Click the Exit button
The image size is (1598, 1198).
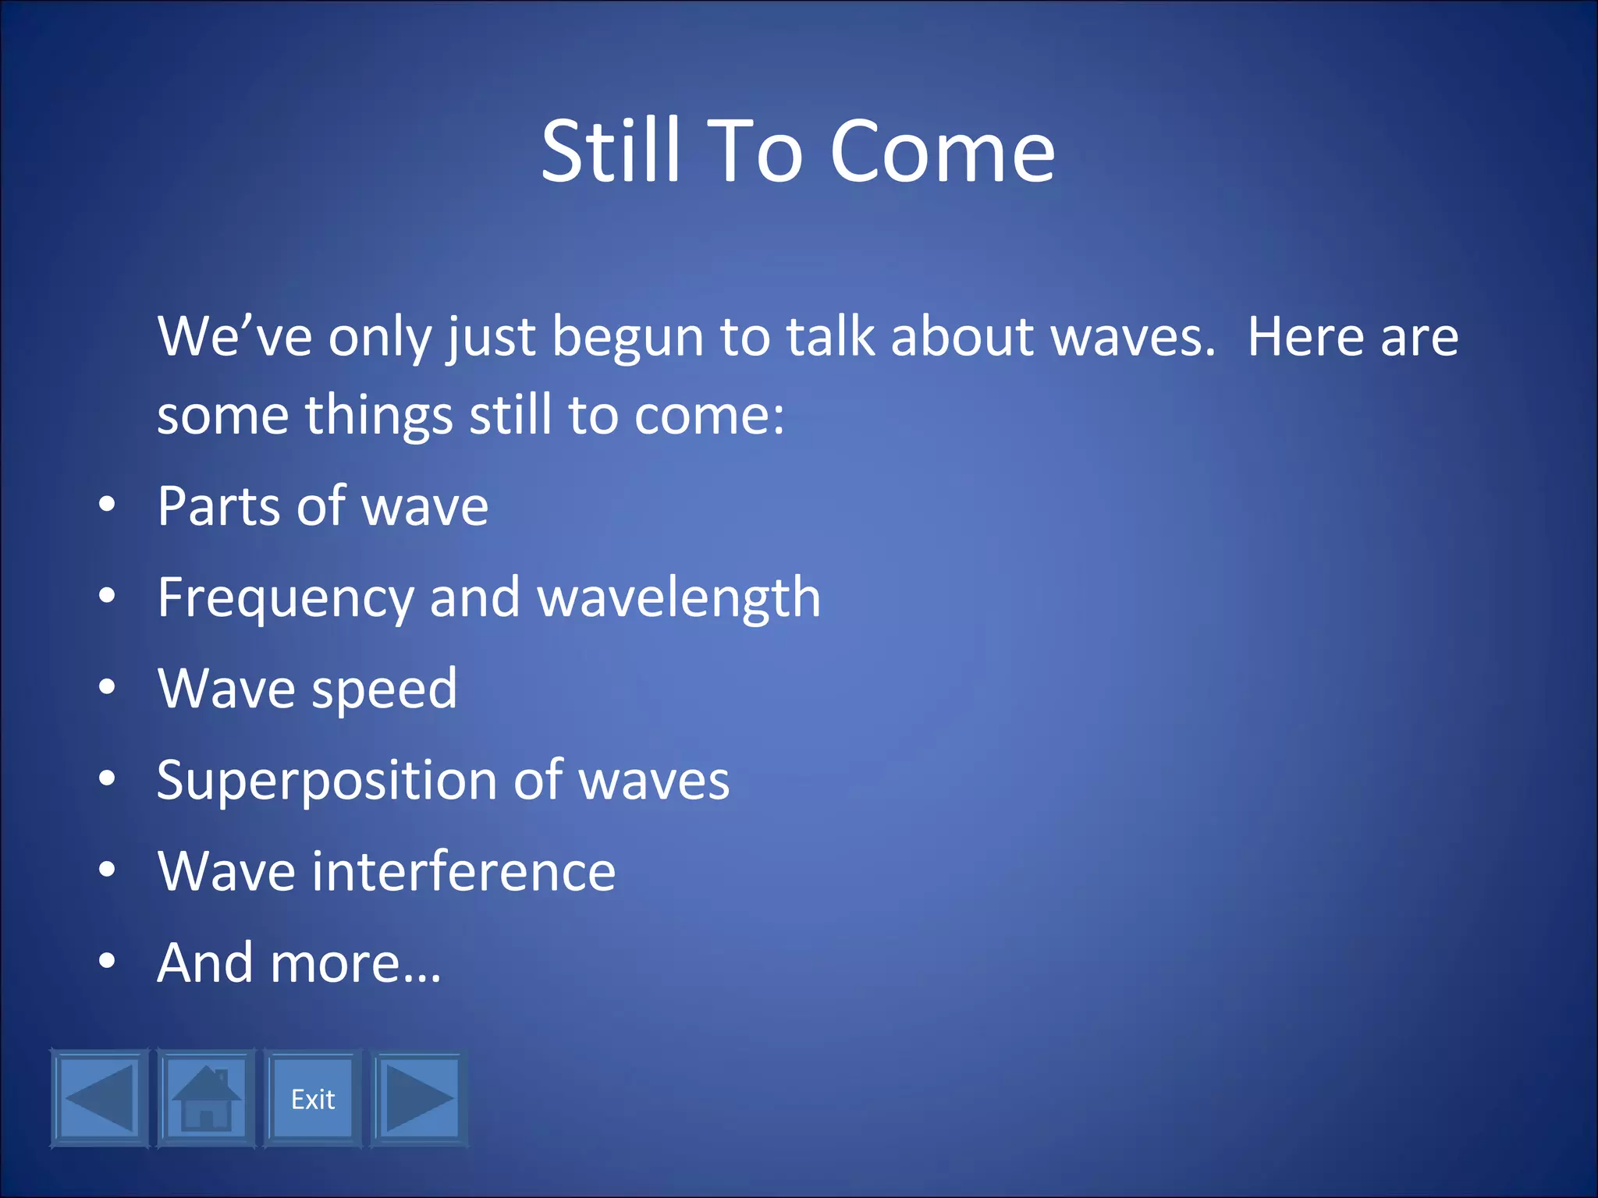tap(313, 1099)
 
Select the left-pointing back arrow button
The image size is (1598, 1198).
tap(99, 1099)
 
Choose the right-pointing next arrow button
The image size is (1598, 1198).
tap(419, 1099)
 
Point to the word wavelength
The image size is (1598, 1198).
tap(679, 597)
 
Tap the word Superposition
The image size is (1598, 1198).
tap(327, 781)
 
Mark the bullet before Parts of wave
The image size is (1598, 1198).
tap(107, 505)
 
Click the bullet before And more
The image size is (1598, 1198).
tap(107, 962)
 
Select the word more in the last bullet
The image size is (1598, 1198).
tap(336, 963)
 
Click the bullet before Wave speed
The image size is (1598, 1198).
tap(107, 687)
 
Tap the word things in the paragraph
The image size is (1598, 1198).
tap(378, 415)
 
